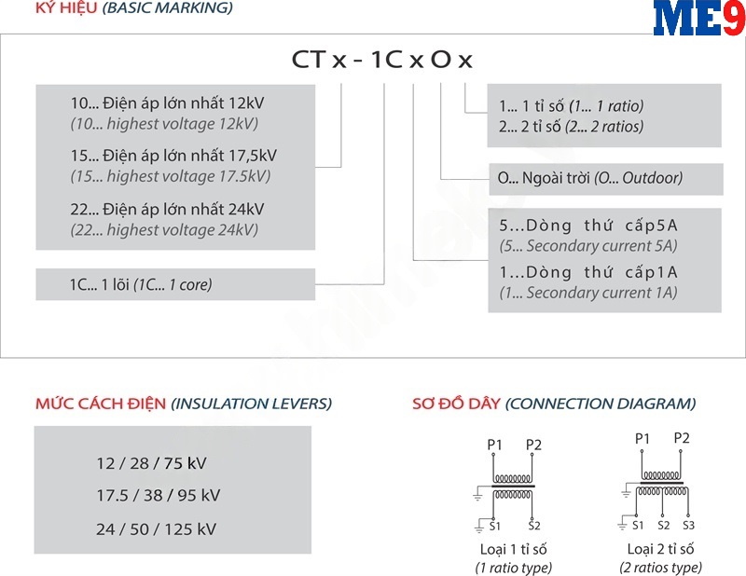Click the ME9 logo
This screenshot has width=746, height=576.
pos(698,20)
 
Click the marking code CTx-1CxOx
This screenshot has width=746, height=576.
pos(382,60)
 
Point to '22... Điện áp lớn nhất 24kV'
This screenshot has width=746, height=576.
pos(167,209)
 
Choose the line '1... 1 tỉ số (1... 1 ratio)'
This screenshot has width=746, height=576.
pos(572,105)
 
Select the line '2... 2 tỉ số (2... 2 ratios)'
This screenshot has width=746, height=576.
pos(572,127)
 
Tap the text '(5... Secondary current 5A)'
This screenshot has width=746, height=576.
pos(588,246)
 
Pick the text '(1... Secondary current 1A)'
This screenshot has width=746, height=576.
pos(588,293)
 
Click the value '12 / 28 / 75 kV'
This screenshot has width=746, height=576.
pos(151,463)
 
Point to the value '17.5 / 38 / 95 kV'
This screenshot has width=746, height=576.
pos(158,496)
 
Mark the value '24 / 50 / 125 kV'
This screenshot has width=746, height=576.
pos(156,529)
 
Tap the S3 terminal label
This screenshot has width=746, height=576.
pos(688,526)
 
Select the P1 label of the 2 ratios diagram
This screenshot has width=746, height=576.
pos(642,438)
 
